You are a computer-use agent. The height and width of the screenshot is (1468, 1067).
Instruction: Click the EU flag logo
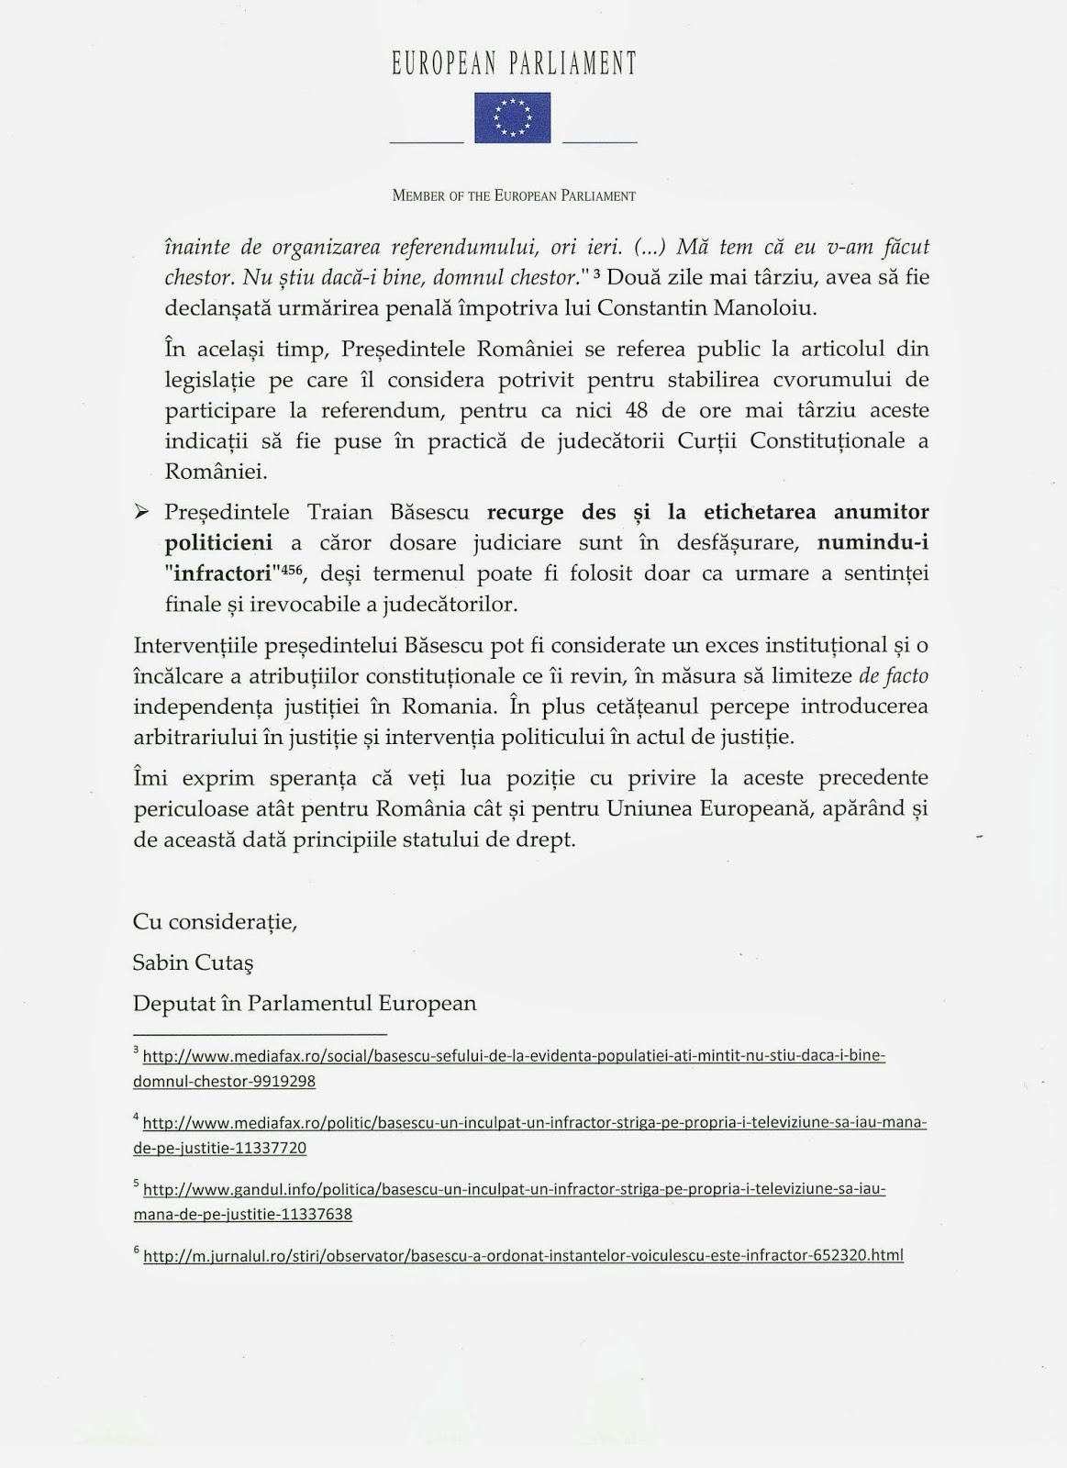click(x=512, y=117)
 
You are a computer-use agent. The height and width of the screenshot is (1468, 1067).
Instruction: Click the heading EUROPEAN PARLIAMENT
click(x=514, y=63)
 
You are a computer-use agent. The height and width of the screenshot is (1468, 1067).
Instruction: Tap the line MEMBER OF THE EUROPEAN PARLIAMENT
click(x=514, y=195)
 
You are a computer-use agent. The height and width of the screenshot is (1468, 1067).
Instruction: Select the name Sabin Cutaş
click(x=193, y=962)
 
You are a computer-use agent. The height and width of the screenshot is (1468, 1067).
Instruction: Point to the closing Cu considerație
click(x=215, y=921)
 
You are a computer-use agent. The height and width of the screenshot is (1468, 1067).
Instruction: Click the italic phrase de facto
click(x=893, y=676)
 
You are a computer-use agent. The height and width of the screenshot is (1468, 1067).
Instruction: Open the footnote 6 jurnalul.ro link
click(x=523, y=1255)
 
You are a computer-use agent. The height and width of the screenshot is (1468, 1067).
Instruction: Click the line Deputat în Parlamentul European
click(x=305, y=1003)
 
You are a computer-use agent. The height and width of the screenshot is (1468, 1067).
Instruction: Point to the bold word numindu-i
click(x=872, y=543)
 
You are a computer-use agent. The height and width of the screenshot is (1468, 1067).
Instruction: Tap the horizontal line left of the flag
click(x=427, y=142)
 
